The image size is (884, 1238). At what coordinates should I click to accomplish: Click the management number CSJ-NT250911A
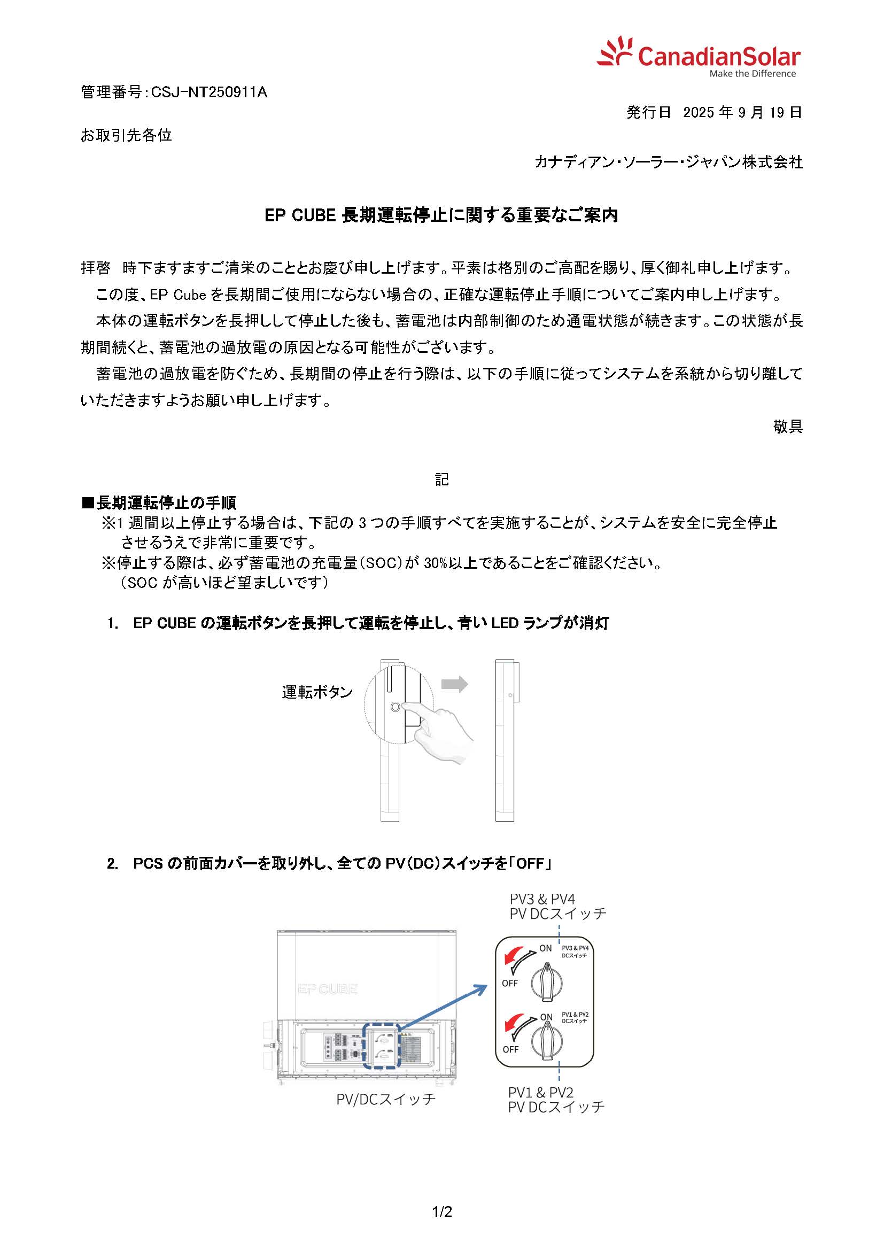209,92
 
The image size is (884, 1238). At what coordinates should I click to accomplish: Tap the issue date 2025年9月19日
742,113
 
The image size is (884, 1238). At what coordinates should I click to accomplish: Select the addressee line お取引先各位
126,135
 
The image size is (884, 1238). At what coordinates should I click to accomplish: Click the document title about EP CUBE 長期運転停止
441,215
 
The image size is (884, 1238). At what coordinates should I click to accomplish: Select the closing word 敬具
788,426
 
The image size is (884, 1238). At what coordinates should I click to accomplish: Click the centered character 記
441,479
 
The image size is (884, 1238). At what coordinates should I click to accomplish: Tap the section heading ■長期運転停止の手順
159,502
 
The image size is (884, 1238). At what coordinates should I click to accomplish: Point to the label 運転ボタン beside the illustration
317,692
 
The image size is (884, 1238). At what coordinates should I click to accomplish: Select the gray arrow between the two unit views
454,684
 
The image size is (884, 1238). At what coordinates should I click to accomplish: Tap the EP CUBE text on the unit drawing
328,989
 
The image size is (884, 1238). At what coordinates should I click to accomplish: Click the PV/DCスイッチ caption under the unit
386,1099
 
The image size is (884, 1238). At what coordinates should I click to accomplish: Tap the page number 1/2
442,1212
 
